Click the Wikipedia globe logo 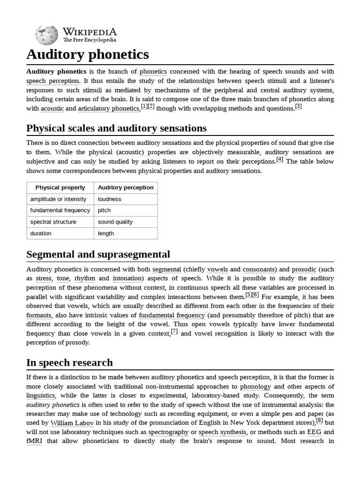[46, 35]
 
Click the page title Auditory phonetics [88, 54]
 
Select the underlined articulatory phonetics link [109, 109]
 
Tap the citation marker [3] [298, 106]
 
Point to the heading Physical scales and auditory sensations [116, 128]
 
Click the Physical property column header [60, 187]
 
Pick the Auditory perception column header [126, 187]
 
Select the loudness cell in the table [110, 199]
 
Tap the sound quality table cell [115, 222]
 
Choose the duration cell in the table [41, 233]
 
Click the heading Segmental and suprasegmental [98, 255]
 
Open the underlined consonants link [259, 270]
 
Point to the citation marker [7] [174, 331]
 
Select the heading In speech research [69, 363]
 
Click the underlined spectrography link [169, 432]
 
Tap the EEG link [314, 432]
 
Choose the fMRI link [34, 442]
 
